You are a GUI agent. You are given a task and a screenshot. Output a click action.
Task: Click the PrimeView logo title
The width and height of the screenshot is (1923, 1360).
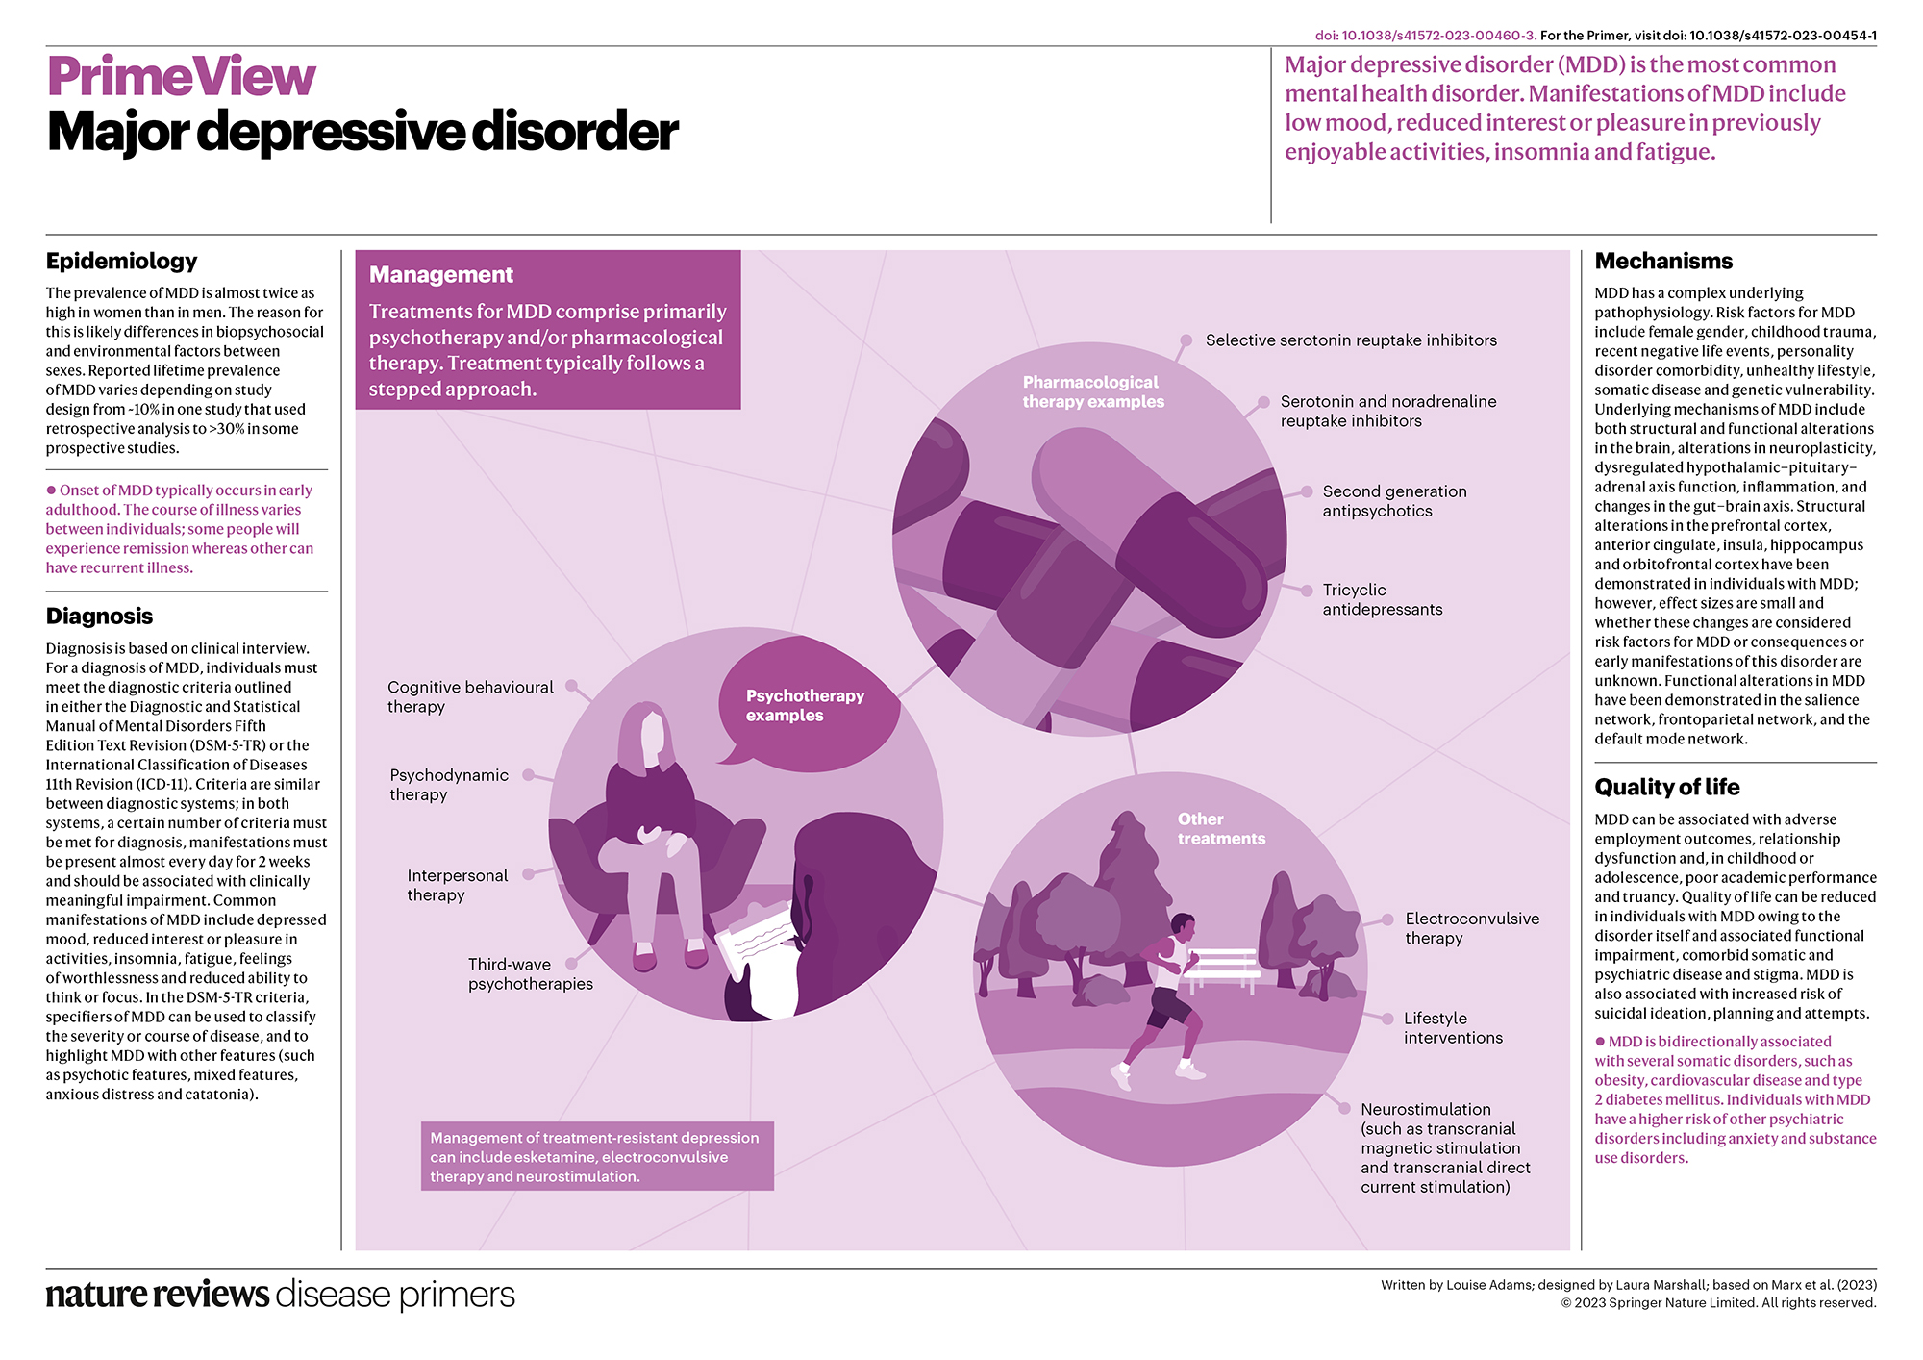pyautogui.click(x=181, y=77)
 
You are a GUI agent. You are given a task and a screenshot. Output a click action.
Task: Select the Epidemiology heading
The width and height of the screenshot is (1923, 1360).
pyautogui.click(x=121, y=262)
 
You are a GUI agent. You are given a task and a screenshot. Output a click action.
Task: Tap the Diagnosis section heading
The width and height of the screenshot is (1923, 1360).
pyautogui.click(x=99, y=617)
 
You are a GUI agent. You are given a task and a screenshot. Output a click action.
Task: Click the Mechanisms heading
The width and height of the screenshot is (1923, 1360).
pyautogui.click(x=1663, y=262)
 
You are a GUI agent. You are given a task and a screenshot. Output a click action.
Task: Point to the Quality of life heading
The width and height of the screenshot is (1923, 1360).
pyautogui.click(x=1666, y=788)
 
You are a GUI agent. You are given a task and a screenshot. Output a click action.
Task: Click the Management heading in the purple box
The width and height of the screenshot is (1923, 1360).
pyautogui.click(x=441, y=275)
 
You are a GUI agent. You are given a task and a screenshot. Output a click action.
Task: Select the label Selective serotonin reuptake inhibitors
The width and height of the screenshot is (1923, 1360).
pyautogui.click(x=1351, y=340)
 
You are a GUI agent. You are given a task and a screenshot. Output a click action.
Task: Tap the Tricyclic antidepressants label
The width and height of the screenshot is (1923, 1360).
pyautogui.click(x=1382, y=599)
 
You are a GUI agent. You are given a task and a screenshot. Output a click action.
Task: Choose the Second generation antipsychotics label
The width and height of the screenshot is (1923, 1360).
pyautogui.click(x=1394, y=501)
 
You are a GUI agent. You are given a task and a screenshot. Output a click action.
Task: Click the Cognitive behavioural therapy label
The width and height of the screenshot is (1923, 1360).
pyautogui.click(x=470, y=696)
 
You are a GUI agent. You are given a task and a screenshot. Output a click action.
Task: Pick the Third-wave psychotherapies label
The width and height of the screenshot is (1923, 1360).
pyautogui.click(x=530, y=973)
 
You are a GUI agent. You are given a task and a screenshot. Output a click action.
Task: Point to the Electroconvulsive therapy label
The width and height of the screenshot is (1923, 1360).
pyautogui.click(x=1471, y=928)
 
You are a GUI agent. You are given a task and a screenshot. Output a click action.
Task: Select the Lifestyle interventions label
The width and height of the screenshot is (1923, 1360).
pyautogui.click(x=1452, y=1027)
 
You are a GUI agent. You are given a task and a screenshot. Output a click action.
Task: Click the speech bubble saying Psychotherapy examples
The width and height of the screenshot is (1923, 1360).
pyautogui.click(x=806, y=705)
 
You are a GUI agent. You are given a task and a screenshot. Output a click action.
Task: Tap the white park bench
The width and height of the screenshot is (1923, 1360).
pyautogui.click(x=1222, y=966)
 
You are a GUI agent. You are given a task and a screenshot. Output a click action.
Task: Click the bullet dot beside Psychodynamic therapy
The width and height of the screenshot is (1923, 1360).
pyautogui.click(x=529, y=774)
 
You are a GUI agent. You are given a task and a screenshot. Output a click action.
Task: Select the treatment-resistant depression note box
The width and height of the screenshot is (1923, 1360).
pyautogui.click(x=597, y=1156)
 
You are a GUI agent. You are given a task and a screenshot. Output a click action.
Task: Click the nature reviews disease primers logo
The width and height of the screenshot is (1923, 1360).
pyautogui.click(x=280, y=1295)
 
